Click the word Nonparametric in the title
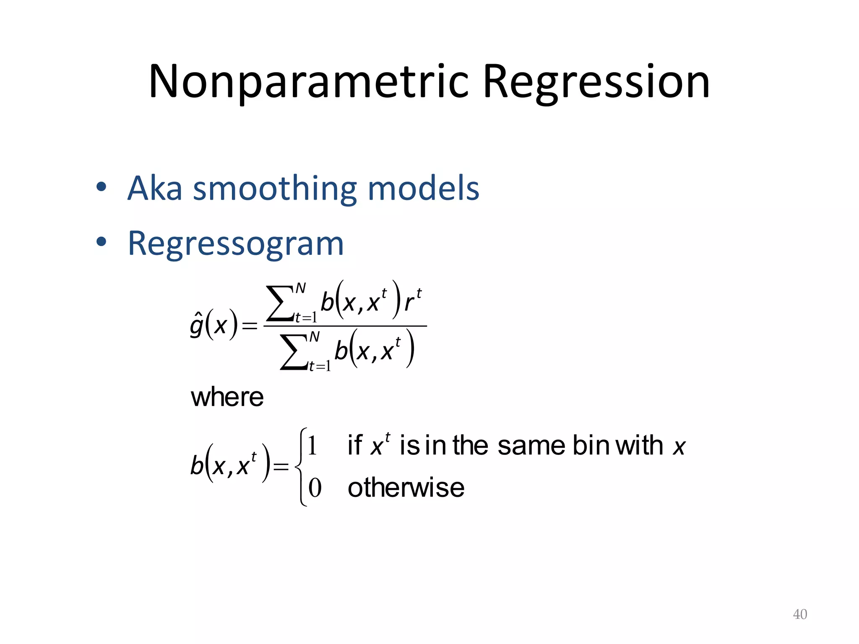(x=308, y=82)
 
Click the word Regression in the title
(x=596, y=82)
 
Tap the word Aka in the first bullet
(x=155, y=188)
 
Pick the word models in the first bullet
(x=423, y=188)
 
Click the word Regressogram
(x=236, y=244)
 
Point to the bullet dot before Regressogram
(x=101, y=242)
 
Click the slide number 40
(x=800, y=614)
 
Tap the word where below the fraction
(x=227, y=397)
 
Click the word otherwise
(x=406, y=488)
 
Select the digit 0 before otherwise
(x=315, y=488)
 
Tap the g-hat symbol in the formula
(x=197, y=325)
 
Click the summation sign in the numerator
(x=280, y=303)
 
